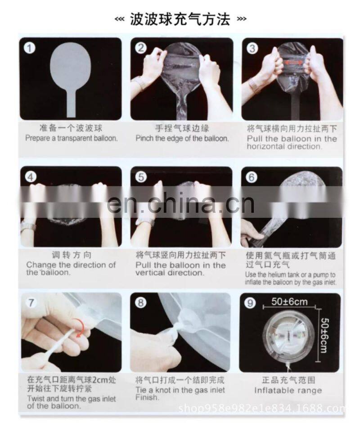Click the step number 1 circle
click(x=30, y=48)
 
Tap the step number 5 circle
click(x=140, y=177)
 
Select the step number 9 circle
click(x=250, y=303)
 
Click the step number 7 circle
click(x=31, y=303)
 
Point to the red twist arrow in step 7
click(x=81, y=327)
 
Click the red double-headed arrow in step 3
click(x=293, y=63)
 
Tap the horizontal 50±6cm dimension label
click(x=289, y=301)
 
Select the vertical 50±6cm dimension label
click(x=324, y=335)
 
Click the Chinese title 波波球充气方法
click(x=180, y=19)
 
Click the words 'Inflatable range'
click(x=288, y=390)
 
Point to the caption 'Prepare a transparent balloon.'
click(x=72, y=138)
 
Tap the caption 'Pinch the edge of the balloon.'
click(x=182, y=139)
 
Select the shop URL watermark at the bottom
click(x=261, y=408)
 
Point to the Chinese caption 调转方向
click(x=72, y=255)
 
